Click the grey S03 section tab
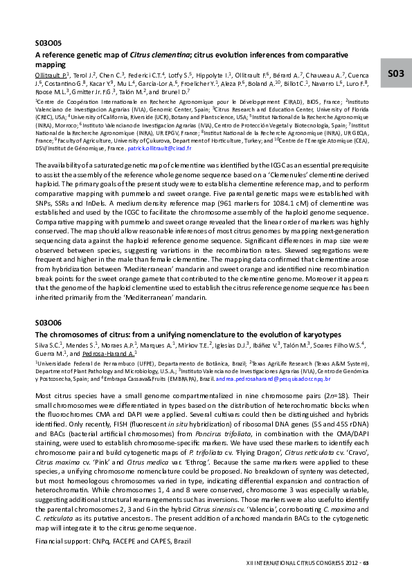point(395,73)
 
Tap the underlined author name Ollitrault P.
point(50,73)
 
